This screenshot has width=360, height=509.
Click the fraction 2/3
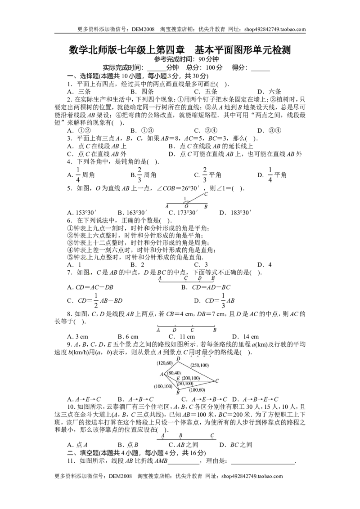(205, 174)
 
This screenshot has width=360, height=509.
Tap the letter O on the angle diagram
(186, 207)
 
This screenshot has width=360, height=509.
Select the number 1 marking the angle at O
(184, 198)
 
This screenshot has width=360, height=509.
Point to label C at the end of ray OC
(206, 194)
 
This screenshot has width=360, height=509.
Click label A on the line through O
(167, 207)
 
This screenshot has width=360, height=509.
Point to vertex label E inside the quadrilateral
(178, 379)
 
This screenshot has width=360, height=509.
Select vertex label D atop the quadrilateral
(179, 358)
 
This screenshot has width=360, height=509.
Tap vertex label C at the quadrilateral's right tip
(217, 381)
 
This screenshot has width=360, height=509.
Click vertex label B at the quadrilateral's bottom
(178, 393)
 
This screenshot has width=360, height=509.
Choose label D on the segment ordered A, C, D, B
(200, 278)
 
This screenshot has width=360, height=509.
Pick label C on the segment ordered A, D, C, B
(192, 330)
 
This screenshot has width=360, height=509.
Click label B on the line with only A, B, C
(180, 435)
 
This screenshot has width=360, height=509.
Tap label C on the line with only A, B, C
(212, 435)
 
